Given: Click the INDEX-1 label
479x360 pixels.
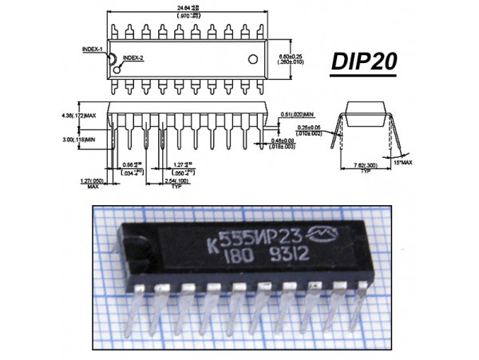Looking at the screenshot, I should (92, 49).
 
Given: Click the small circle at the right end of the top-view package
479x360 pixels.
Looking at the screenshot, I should (254, 59).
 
